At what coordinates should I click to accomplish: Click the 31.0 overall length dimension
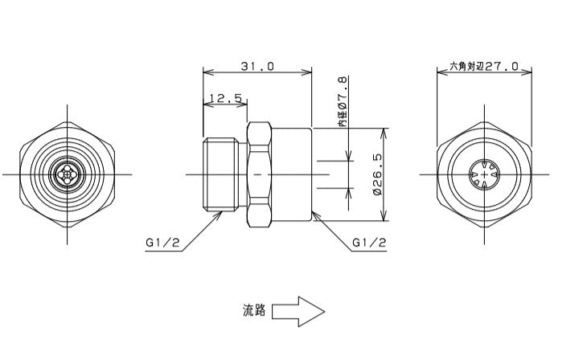point(257,66)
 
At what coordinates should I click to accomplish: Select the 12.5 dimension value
point(225,98)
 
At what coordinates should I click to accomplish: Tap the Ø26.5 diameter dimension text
point(377,175)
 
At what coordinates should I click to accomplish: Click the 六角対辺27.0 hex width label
point(483,67)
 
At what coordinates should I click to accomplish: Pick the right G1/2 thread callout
point(370,242)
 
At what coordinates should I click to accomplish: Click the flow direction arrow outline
point(298,310)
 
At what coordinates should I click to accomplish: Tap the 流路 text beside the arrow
point(254,310)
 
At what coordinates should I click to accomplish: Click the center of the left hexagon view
point(68,174)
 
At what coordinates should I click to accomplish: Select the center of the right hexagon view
point(483,174)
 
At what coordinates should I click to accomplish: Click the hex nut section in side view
point(260,174)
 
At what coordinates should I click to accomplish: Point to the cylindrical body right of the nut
point(293,174)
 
